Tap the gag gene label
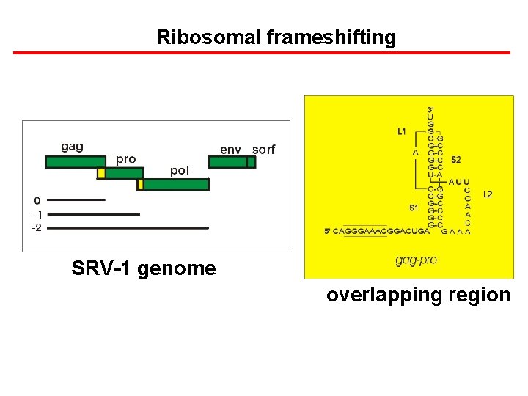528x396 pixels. tap(72, 147)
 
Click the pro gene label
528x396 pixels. tap(125, 158)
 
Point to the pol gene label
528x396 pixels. tap(180, 170)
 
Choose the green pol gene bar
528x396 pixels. tap(175, 185)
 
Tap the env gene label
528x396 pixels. tap(230, 150)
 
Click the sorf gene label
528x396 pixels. tap(263, 150)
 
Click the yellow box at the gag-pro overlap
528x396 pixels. tap(101, 173)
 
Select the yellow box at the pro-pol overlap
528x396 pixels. tap(140, 185)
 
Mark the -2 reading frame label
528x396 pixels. tap(37, 228)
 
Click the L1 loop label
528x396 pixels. tap(401, 132)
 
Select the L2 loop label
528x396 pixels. tap(488, 194)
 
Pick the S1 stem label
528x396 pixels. tap(414, 208)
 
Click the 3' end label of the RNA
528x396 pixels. tap(431, 110)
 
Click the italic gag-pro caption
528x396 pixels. tap(417, 260)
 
